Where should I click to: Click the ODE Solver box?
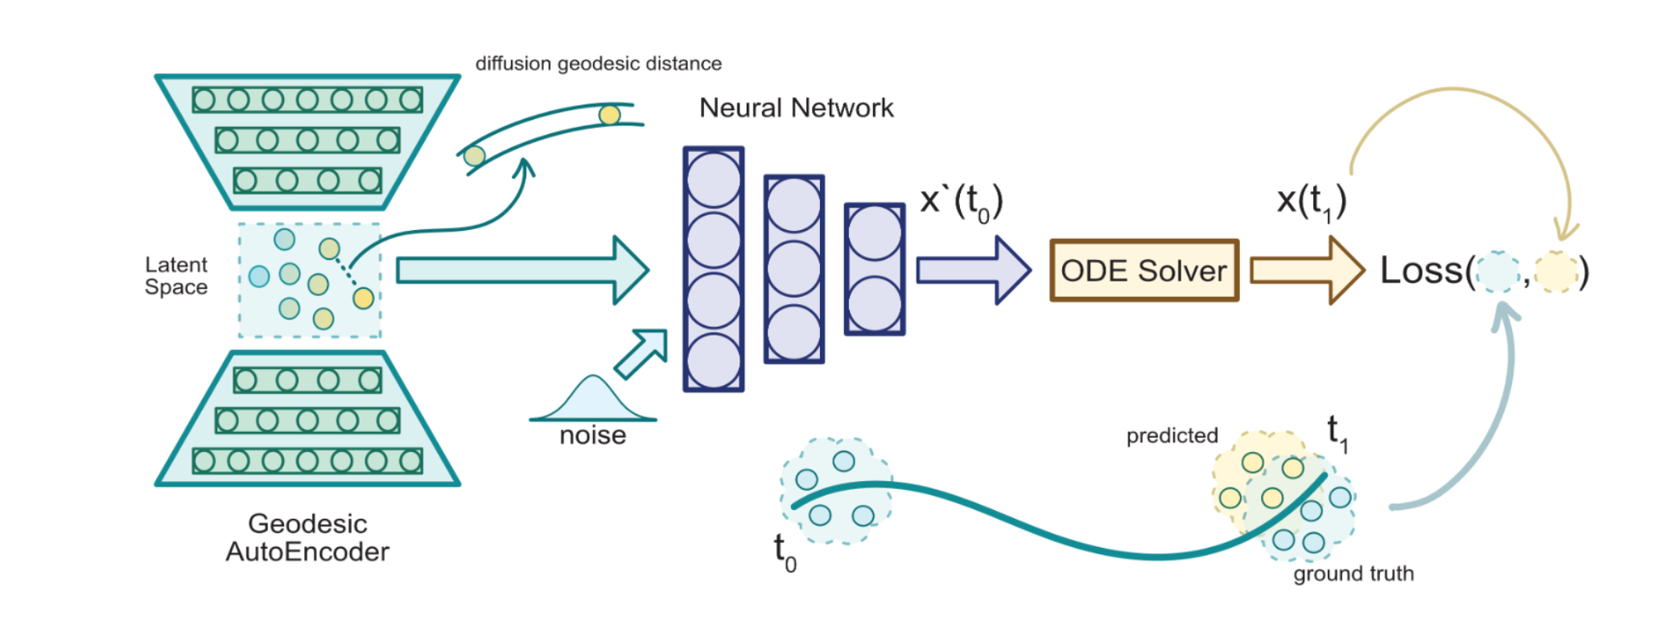coord(1143,270)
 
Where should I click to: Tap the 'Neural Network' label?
coord(796,108)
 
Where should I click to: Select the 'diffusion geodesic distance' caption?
coord(598,64)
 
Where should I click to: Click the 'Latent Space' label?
coord(176,276)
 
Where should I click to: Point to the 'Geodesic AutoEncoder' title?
coord(307,537)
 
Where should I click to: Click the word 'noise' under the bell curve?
coord(592,435)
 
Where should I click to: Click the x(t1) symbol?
coord(1311,201)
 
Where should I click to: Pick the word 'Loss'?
coord(1421,270)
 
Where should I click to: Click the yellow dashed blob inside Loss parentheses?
coord(1555,271)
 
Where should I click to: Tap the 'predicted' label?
coord(1172,435)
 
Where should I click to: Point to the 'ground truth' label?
coord(1353,574)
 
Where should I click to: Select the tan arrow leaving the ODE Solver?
coord(1306,270)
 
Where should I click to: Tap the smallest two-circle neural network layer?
coord(875,269)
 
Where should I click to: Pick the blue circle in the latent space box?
coord(259,277)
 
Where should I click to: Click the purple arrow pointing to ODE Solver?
coord(973,270)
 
